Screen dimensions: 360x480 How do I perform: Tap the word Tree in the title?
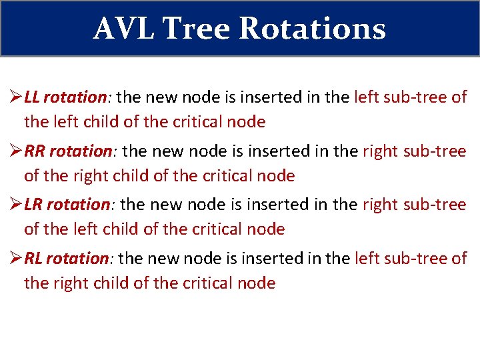(196, 28)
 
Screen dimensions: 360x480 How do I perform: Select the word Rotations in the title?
(312, 28)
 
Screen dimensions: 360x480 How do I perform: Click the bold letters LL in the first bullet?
(33, 97)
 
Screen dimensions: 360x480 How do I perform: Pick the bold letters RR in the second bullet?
(35, 151)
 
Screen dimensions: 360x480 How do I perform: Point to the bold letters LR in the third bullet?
(35, 205)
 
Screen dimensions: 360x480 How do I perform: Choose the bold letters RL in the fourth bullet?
(35, 258)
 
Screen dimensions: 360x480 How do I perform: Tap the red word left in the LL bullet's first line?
(367, 97)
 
